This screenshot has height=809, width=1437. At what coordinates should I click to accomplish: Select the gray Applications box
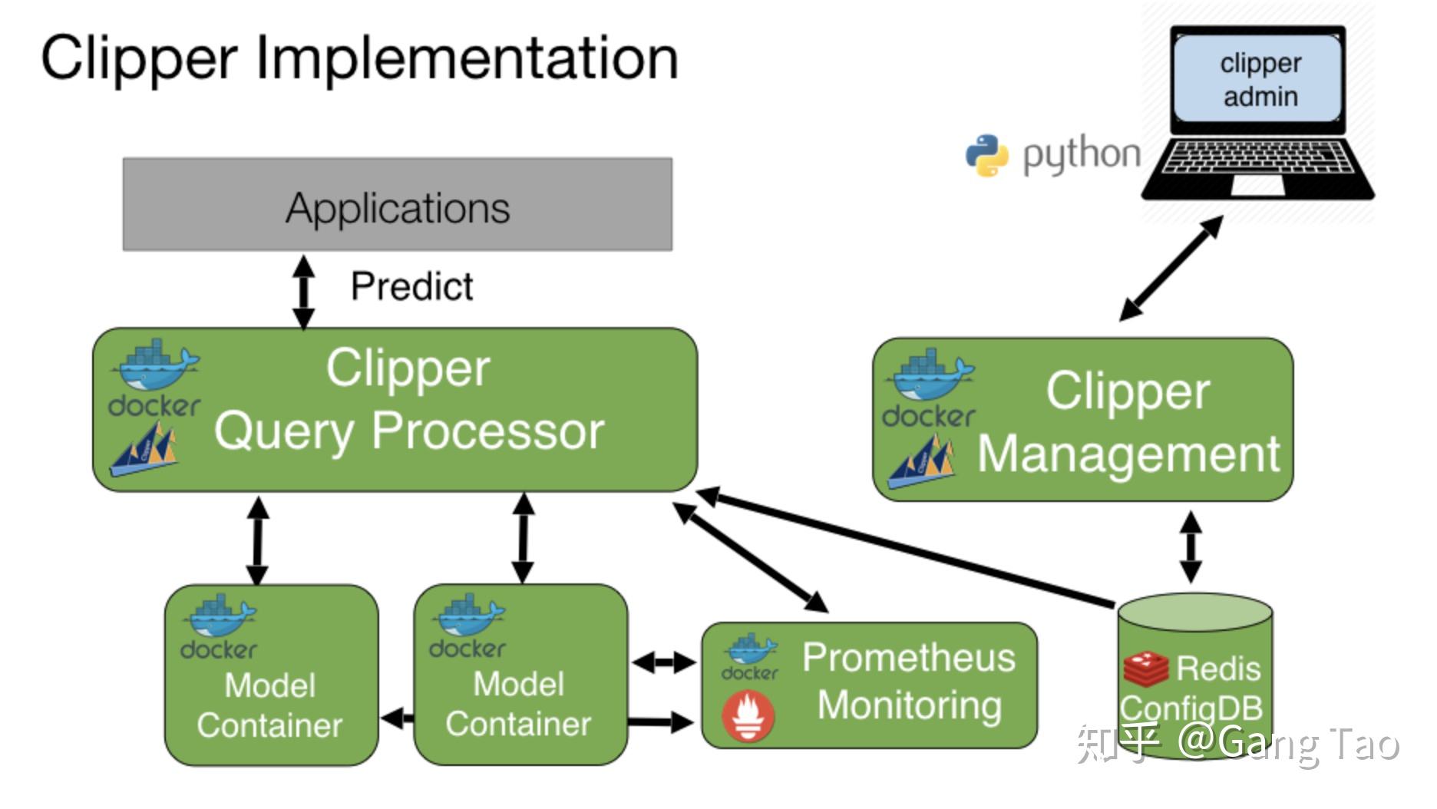(398, 205)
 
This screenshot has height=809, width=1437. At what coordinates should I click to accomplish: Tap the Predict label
(411, 287)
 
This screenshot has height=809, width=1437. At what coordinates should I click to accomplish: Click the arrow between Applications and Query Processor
(304, 292)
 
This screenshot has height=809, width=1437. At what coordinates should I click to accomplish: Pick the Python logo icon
(986, 155)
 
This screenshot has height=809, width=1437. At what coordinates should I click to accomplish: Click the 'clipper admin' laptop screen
(1259, 80)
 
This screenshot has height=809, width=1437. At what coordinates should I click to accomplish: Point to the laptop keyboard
(1257, 157)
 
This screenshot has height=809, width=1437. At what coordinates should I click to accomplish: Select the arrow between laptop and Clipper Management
(1171, 268)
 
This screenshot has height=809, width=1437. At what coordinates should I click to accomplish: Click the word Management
(1128, 454)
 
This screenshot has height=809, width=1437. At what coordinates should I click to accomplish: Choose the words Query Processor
(409, 431)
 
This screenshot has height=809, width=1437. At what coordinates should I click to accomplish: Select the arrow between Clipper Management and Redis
(1191, 547)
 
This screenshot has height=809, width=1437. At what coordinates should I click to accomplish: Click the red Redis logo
(1145, 668)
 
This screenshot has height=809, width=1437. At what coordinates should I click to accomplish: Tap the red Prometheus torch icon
(748, 716)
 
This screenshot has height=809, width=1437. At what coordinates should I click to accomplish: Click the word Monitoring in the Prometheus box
(910, 705)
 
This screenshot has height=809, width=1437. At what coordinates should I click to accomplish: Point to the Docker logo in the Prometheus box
(750, 657)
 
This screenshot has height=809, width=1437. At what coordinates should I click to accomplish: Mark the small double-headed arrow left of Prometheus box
(663, 661)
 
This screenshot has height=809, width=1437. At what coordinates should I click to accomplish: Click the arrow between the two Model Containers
(397, 719)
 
